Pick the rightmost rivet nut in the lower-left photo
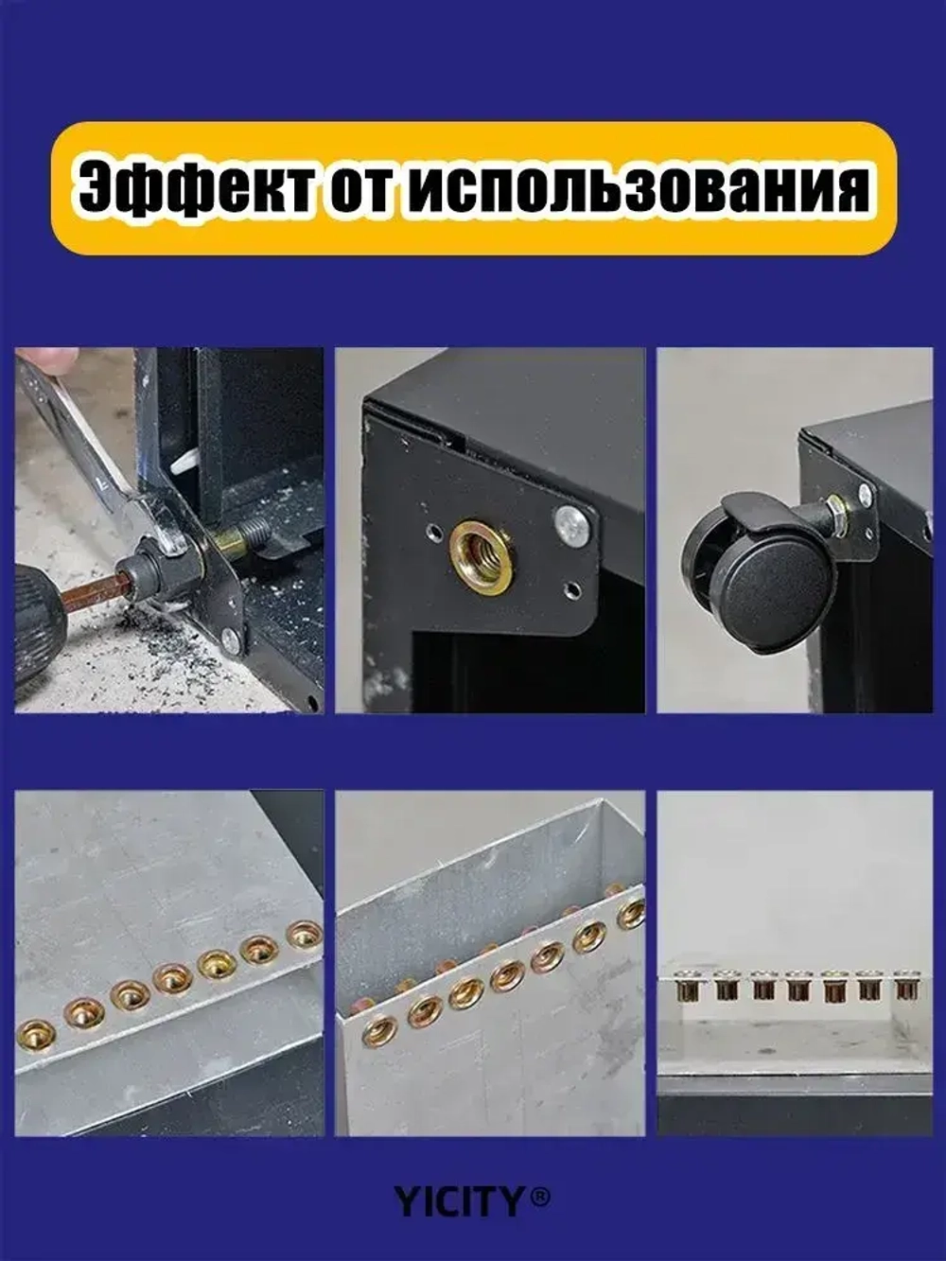tap(305, 936)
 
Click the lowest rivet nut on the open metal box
tap(379, 1030)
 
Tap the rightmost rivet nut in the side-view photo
tap(907, 988)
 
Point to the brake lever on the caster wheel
tap(757, 512)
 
